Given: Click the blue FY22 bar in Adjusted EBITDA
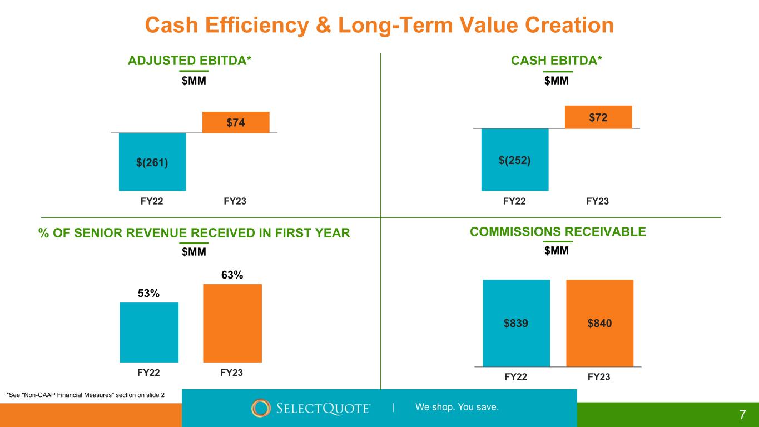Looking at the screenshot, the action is tap(152, 162).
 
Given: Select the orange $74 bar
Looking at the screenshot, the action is tap(236, 122).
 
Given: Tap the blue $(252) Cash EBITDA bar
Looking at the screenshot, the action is tap(515, 160).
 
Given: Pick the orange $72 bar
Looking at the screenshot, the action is tap(598, 117).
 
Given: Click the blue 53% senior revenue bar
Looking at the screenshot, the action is tap(149, 332).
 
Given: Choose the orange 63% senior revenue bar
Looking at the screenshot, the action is tap(232, 323).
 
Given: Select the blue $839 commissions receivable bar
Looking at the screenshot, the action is tap(517, 323).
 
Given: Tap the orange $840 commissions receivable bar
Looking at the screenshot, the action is tap(600, 323).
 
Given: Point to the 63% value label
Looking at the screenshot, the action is tap(232, 275).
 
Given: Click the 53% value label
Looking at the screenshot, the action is tap(148, 293).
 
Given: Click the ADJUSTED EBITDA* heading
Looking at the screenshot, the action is tap(190, 61).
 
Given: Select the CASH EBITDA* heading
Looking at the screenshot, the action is tap(557, 61).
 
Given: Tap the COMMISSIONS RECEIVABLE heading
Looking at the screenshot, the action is tap(558, 232).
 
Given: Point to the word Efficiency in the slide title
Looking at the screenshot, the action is tap(257, 26).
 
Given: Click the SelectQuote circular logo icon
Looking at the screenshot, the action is tap(261, 408).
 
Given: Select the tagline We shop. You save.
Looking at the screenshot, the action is tap(457, 407).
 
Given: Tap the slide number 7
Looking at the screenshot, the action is tap(742, 415).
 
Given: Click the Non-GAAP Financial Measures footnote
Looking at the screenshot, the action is tap(86, 395).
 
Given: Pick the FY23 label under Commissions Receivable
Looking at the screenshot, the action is tap(599, 377).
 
